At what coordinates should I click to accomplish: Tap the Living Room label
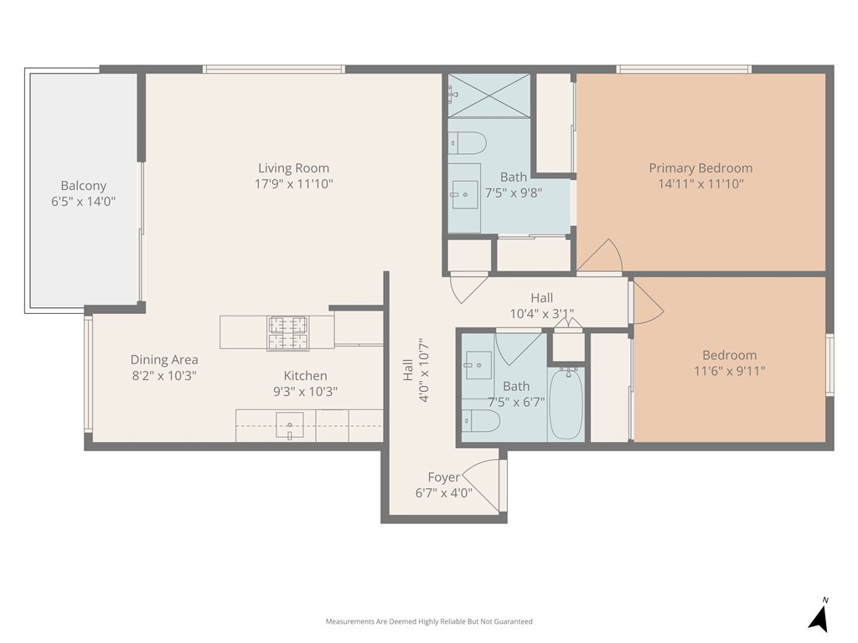pos(293,168)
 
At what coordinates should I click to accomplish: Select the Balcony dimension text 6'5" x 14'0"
pos(83,201)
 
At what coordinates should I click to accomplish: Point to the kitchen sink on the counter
pos(290,426)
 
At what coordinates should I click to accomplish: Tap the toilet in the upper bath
pos(467,143)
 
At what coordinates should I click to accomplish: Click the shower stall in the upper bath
pos(488,95)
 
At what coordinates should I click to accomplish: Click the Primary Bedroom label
pos(700,168)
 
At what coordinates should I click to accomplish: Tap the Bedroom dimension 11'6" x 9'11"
pos(729,370)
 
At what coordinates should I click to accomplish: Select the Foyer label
pos(443,477)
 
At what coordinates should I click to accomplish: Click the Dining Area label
pos(164,360)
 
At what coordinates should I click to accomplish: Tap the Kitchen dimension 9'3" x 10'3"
pos(305,391)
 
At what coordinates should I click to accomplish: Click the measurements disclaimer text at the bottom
pos(429,621)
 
